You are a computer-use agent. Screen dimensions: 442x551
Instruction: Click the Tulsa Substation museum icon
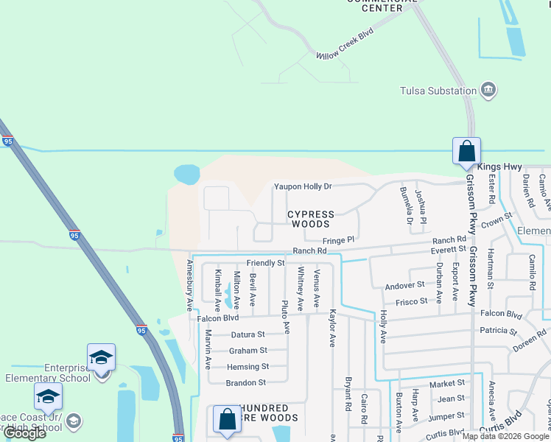(488, 91)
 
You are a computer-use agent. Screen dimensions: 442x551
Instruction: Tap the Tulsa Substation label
(438, 91)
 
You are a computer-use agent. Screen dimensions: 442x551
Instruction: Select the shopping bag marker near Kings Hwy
(466, 151)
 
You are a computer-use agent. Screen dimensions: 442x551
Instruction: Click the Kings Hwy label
(499, 167)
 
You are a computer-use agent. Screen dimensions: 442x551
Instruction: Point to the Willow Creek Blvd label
(345, 45)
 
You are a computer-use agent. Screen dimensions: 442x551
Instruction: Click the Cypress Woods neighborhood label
(310, 219)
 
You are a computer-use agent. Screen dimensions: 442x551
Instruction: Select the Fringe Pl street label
(339, 240)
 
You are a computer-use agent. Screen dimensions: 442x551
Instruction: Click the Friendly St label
(265, 263)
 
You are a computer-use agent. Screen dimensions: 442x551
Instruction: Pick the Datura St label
(248, 334)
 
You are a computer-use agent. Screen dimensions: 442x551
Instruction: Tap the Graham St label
(248, 351)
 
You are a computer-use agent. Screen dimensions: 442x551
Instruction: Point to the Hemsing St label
(248, 367)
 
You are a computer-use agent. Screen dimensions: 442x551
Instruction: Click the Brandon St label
(246, 383)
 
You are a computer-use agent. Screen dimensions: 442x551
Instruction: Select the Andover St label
(404, 285)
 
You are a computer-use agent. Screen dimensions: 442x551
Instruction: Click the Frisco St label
(413, 301)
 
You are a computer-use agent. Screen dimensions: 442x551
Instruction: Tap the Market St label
(447, 383)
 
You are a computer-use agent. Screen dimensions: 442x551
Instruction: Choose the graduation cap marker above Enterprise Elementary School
(101, 358)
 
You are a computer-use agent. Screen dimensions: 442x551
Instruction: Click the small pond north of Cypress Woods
(186, 175)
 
